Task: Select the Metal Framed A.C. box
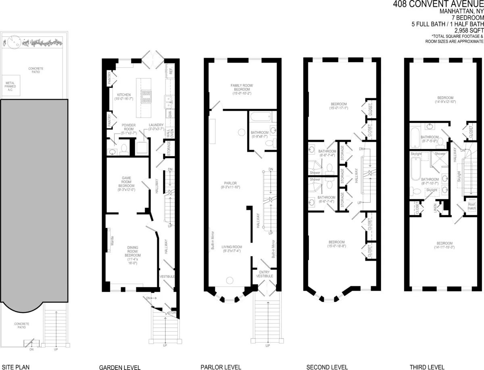10,86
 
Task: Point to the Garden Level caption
120,367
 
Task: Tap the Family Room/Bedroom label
241,88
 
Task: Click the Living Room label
232,249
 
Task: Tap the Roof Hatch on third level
471,206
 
